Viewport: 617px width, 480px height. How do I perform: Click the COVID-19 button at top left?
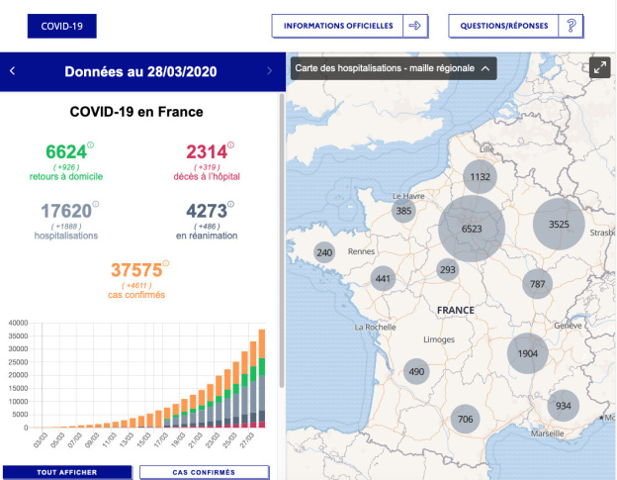(x=61, y=26)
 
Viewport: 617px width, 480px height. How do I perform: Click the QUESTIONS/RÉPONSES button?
(x=515, y=26)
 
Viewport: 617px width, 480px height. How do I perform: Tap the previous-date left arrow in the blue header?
(x=12, y=71)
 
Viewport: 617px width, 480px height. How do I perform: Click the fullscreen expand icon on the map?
(x=599, y=67)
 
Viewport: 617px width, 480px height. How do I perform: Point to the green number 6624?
(x=65, y=152)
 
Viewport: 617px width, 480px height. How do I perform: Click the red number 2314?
(x=206, y=152)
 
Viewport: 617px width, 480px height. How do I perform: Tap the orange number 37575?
(x=136, y=270)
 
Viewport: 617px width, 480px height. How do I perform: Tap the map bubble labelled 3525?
(x=559, y=225)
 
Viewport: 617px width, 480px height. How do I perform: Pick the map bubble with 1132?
(x=481, y=178)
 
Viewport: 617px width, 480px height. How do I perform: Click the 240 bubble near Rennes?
(x=324, y=252)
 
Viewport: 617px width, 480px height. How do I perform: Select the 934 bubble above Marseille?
(x=563, y=407)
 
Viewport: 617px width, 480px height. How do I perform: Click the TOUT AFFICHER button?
(x=66, y=473)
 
